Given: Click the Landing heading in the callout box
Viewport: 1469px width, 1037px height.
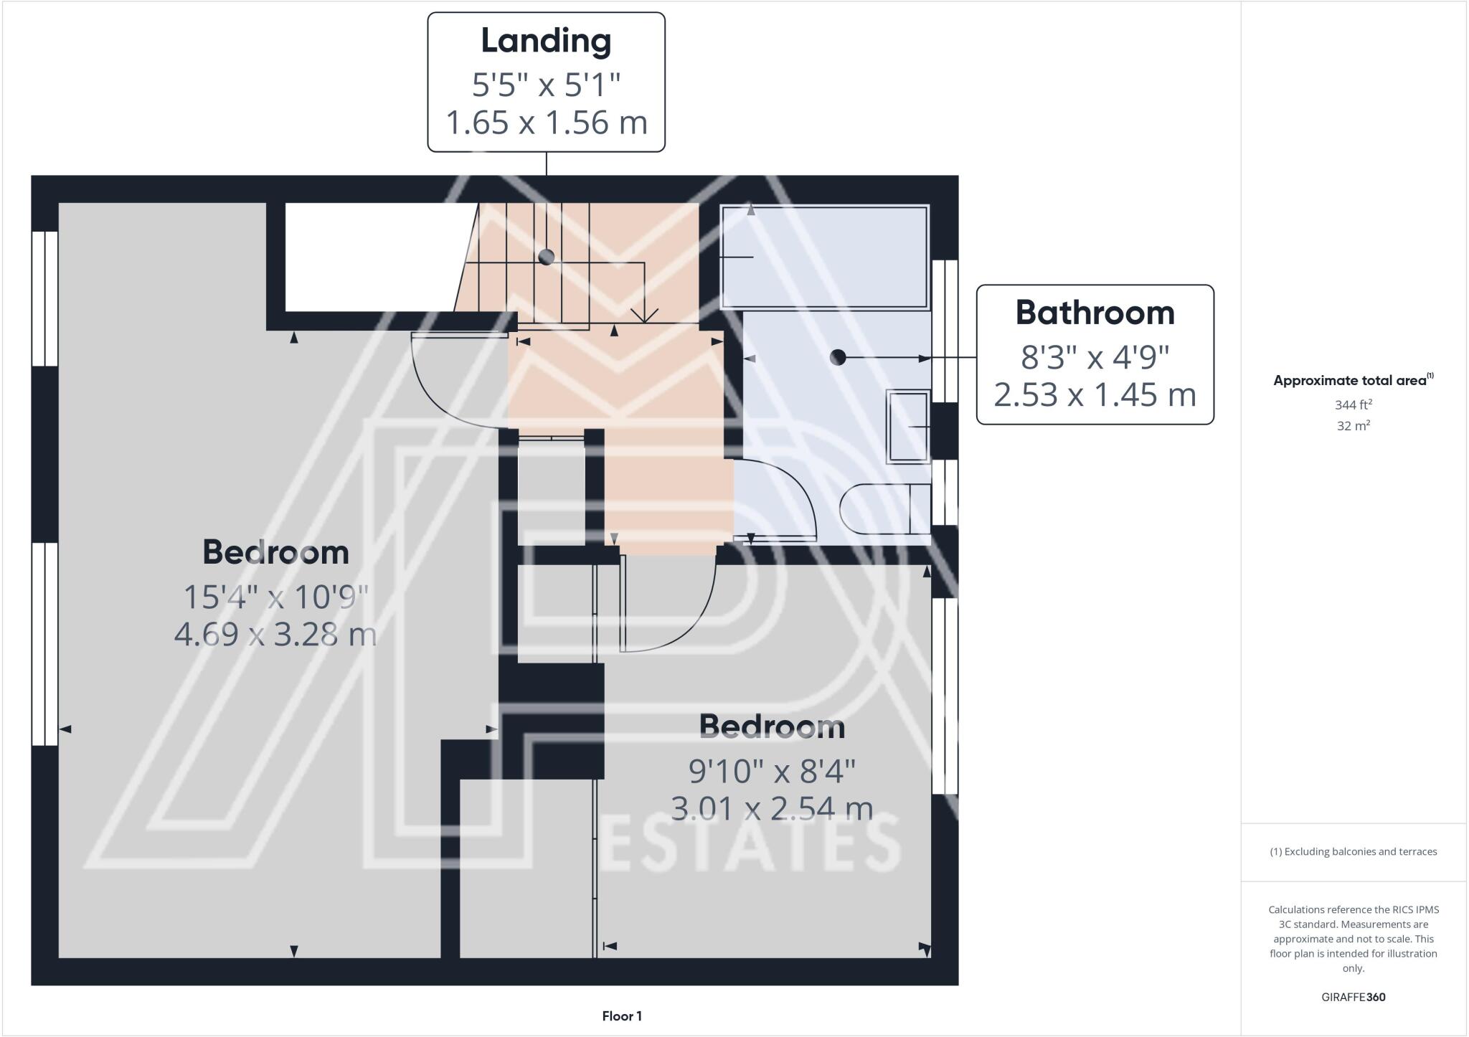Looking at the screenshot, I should click(546, 41).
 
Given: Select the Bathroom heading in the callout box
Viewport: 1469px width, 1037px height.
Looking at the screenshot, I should click(1095, 313).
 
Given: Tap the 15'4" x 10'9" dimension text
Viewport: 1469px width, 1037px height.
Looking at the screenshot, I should click(276, 597).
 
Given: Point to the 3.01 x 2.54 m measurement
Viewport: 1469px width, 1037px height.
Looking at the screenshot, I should click(772, 809).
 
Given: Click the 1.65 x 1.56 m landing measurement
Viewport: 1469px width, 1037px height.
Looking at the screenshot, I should click(547, 123).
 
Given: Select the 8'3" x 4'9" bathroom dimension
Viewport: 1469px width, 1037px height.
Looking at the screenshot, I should click(1095, 356).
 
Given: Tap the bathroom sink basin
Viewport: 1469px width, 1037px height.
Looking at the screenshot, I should click(908, 427).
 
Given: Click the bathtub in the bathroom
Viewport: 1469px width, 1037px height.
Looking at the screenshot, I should click(825, 257).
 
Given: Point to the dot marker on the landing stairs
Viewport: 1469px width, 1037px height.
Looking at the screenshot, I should click(547, 257).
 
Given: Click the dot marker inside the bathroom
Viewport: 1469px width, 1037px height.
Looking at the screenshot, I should click(837, 357).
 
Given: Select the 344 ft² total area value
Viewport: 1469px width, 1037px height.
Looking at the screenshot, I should click(1353, 405).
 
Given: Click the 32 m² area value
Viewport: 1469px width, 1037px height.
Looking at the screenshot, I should click(1353, 426).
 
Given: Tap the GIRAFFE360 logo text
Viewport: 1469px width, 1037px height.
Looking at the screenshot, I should click(1353, 997).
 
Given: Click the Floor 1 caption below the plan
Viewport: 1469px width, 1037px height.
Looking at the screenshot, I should click(622, 1016).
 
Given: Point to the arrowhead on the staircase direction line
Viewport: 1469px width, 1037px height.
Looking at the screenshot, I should click(645, 316).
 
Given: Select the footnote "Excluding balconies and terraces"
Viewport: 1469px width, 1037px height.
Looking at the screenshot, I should click(1353, 852).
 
